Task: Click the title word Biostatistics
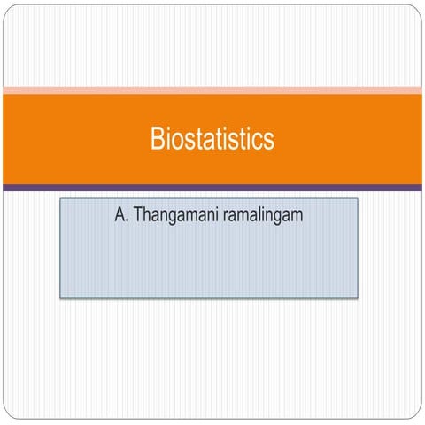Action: point(212,139)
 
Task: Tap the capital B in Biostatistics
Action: point(157,139)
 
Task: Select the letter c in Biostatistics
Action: point(259,140)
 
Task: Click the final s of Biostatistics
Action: point(269,140)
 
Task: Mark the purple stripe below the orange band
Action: point(212,188)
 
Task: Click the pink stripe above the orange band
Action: point(212,89)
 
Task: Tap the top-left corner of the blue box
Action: point(60,199)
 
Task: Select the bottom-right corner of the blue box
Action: point(358,297)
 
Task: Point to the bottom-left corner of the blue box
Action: point(60,297)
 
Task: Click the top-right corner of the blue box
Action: point(358,199)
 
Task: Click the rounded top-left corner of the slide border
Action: point(8,9)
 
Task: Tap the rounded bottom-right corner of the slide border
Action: point(417,416)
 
